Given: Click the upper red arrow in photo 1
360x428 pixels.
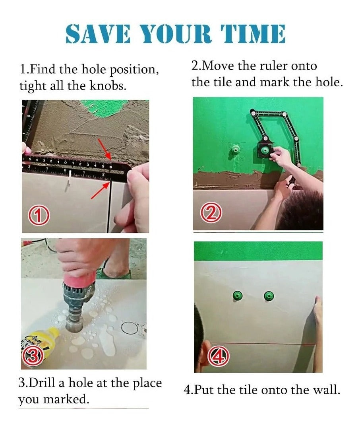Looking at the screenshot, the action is click(105, 150).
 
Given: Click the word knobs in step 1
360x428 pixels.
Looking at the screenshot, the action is click(108, 86).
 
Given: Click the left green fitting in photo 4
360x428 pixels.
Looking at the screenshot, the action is click(238, 296).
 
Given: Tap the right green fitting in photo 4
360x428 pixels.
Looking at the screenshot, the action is click(269, 296).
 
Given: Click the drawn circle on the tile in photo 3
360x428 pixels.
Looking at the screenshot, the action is click(129, 322).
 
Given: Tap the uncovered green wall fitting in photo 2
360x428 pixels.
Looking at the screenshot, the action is click(235, 150).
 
